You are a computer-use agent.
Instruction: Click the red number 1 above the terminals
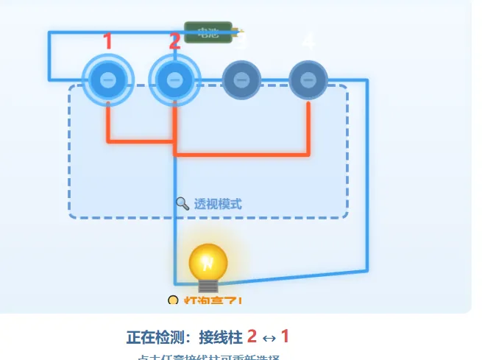click(107, 42)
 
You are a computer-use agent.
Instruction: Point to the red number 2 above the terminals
click(174, 42)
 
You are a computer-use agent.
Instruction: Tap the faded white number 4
click(309, 42)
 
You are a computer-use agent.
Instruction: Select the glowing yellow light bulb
click(208, 261)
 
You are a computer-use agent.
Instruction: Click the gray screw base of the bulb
click(208, 285)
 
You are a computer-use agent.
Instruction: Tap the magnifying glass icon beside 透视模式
click(182, 203)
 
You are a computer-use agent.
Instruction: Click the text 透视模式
click(218, 204)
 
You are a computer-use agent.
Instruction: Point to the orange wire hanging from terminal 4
click(308, 129)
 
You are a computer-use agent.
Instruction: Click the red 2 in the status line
click(252, 337)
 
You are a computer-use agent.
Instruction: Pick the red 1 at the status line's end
click(285, 337)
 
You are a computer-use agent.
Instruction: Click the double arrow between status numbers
click(269, 338)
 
